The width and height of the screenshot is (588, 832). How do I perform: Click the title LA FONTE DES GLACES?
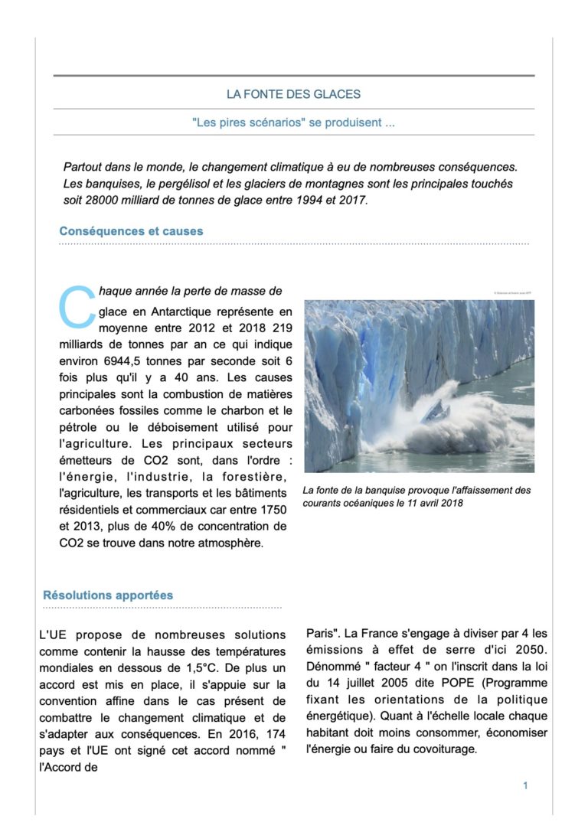(x=293, y=94)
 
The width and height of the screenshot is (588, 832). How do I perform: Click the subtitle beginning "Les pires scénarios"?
(x=293, y=122)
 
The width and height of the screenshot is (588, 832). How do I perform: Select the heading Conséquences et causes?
(x=131, y=230)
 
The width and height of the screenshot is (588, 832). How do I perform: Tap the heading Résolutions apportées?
(x=108, y=595)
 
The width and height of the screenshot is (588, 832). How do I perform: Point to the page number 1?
(x=525, y=785)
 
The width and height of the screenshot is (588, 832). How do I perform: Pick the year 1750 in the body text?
(x=273, y=509)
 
